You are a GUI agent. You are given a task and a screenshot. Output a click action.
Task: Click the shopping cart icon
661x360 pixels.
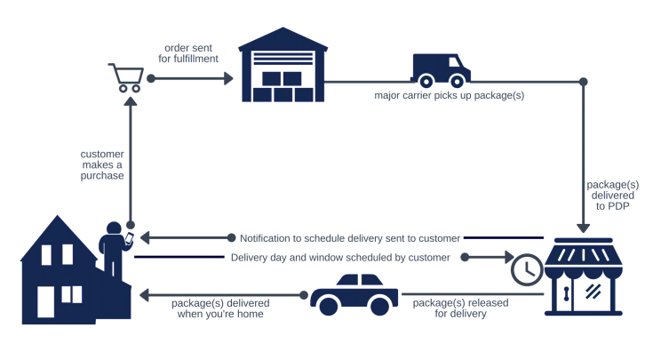[124, 76]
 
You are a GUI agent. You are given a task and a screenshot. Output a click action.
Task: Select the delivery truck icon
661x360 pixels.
[441, 68]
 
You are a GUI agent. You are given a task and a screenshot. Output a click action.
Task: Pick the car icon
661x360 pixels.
[354, 294]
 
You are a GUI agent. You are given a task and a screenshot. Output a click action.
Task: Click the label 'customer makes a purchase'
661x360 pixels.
[102, 164]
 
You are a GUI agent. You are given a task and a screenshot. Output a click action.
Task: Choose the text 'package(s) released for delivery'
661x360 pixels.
[448, 307]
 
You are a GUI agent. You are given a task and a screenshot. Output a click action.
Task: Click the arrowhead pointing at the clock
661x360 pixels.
[503, 258]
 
